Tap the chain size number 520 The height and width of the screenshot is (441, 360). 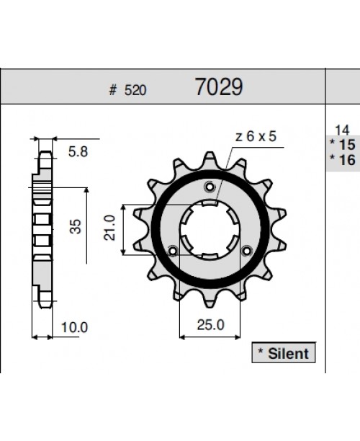click(x=135, y=91)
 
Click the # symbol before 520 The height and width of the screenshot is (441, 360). click(x=112, y=91)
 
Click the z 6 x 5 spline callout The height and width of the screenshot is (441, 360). click(x=255, y=138)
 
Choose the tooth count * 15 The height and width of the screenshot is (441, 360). click(x=341, y=145)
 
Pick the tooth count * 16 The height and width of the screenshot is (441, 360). click(x=341, y=160)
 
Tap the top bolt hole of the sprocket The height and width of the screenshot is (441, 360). click(x=210, y=188)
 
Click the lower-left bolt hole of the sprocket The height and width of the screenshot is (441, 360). click(x=173, y=251)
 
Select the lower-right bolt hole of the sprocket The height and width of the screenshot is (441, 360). click(x=247, y=251)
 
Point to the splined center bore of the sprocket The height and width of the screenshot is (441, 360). click(x=210, y=229)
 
